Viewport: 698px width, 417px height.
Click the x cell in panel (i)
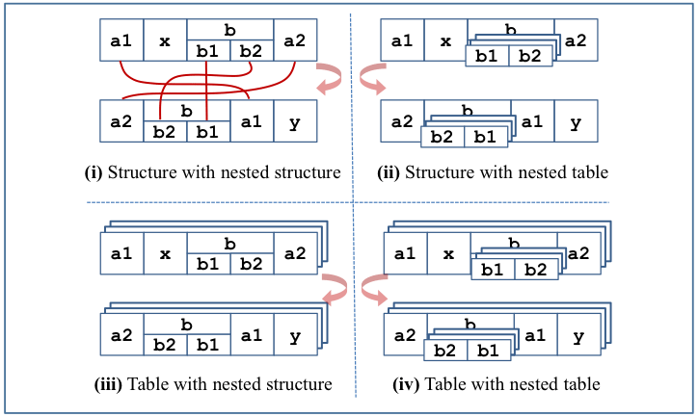click(x=164, y=41)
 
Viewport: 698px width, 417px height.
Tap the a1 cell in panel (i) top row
click(x=121, y=41)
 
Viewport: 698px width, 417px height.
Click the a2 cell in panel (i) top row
click(x=294, y=41)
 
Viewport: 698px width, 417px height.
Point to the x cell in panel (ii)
click(x=445, y=41)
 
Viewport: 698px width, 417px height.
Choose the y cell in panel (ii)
click(x=576, y=121)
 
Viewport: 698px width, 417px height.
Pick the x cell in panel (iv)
click(x=449, y=254)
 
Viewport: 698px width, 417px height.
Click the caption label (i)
click(x=94, y=174)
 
